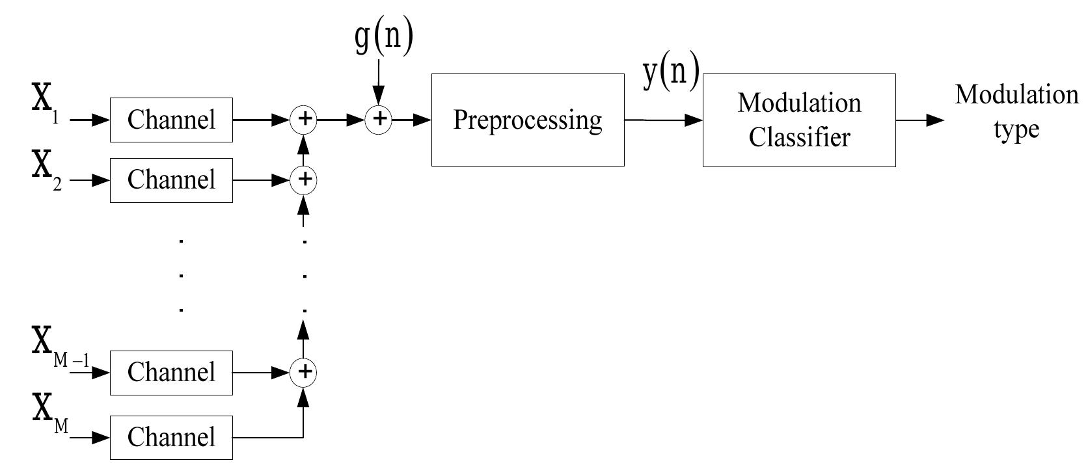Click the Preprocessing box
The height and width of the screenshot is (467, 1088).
[x=527, y=120]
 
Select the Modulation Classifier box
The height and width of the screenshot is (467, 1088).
[x=798, y=120]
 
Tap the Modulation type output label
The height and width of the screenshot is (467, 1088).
[x=1016, y=112]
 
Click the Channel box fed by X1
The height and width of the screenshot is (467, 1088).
[x=171, y=120]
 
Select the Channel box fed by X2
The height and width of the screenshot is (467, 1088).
[x=171, y=180]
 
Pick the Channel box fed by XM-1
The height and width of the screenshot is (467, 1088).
[x=171, y=373]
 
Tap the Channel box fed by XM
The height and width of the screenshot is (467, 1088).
[x=171, y=436]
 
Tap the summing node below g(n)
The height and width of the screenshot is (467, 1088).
[x=379, y=120]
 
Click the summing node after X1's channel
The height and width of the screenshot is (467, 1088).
[x=303, y=120]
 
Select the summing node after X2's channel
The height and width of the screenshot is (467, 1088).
[x=303, y=180]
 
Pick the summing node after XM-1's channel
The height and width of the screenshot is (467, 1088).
[x=303, y=373]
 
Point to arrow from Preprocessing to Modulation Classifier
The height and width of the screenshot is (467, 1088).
[x=663, y=120]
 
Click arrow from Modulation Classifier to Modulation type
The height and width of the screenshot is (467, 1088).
[x=919, y=120]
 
